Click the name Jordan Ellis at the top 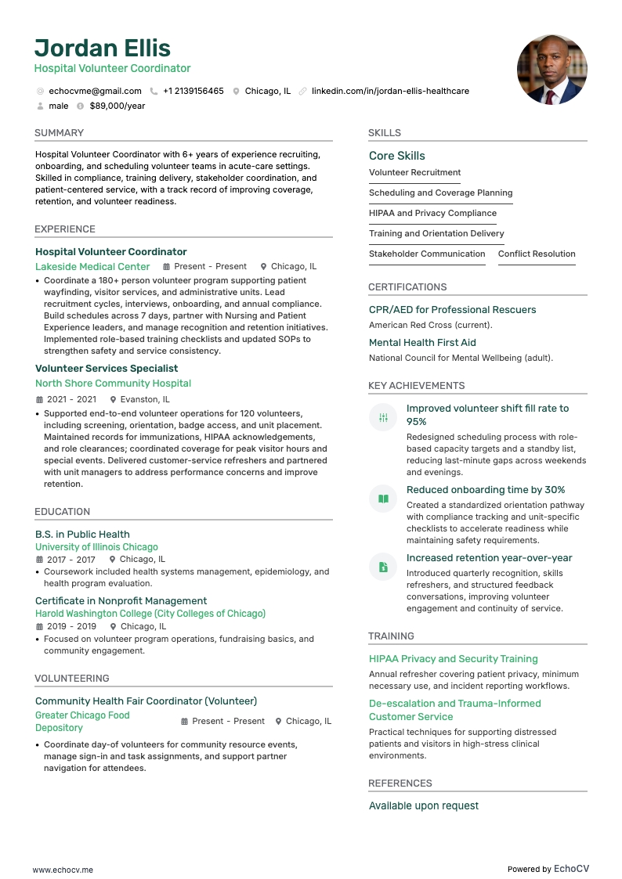click(103, 48)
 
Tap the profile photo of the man click(551, 70)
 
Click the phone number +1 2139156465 click(193, 91)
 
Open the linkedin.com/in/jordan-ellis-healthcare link click(390, 91)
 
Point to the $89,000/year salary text click(118, 106)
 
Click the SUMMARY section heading click(59, 133)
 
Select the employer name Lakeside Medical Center click(92, 266)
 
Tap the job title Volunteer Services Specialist click(107, 368)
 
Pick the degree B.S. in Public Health click(82, 534)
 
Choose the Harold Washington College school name click(150, 614)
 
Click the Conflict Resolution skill click(537, 254)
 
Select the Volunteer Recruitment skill click(414, 172)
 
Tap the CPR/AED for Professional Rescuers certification click(452, 309)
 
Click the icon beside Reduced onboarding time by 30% click(383, 499)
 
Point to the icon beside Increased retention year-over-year click(383, 567)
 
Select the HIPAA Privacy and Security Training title click(453, 659)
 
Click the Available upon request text click(423, 805)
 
